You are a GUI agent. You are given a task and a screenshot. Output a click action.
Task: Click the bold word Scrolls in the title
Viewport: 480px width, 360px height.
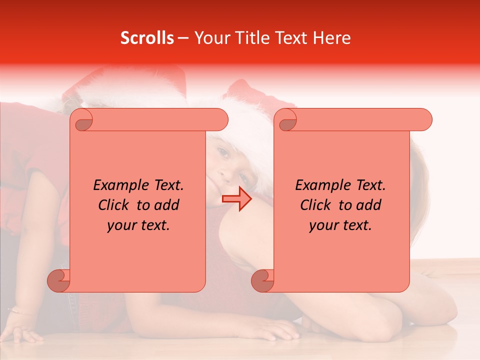(147, 38)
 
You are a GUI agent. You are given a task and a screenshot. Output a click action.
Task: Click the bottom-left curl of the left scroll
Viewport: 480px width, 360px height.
(59, 280)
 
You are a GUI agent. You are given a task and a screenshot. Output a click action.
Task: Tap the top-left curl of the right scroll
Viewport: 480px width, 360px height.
(287, 120)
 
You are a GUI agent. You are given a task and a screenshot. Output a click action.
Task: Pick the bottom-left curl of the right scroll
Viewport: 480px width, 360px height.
(263, 280)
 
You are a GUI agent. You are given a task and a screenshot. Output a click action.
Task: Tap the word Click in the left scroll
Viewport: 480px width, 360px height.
(114, 205)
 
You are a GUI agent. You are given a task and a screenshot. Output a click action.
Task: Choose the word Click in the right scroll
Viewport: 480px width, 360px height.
(316, 205)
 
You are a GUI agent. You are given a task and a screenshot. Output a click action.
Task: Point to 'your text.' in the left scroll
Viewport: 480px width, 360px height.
(138, 225)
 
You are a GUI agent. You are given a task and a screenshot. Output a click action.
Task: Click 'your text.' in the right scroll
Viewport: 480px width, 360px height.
(340, 225)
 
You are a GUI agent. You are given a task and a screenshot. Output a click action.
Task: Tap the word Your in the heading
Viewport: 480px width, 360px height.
(209, 38)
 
